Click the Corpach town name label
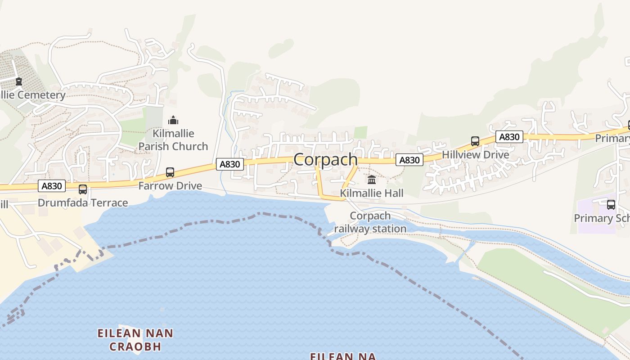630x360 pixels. click(325, 159)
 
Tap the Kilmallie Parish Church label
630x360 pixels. click(173, 140)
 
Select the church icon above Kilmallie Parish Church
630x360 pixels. click(173, 120)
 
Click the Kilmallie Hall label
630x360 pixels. click(372, 193)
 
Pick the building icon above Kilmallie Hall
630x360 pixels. click(372, 180)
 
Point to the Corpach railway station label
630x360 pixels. click(370, 222)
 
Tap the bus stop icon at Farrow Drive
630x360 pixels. click(170, 172)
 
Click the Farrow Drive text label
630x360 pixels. click(170, 186)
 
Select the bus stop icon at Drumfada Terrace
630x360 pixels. click(83, 189)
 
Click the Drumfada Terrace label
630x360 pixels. click(83, 203)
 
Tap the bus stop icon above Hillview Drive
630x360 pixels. click(475, 141)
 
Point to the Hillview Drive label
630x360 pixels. click(475, 155)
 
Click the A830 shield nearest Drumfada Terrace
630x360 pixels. click(52, 186)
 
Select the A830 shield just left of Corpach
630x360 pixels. click(230, 164)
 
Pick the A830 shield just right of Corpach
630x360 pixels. click(409, 160)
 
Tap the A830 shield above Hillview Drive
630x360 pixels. click(509, 137)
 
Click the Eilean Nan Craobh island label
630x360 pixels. click(135, 340)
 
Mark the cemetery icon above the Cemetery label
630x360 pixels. click(18, 81)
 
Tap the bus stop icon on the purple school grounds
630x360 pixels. click(611, 205)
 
